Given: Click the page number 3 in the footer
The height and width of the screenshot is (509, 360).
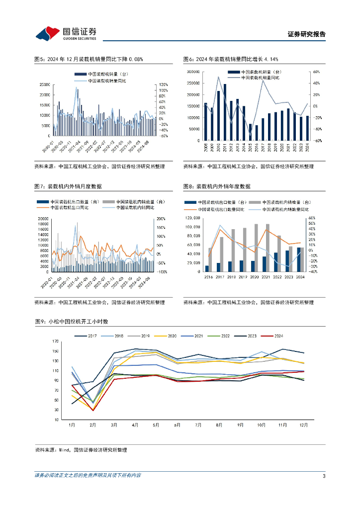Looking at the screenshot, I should point(324,476).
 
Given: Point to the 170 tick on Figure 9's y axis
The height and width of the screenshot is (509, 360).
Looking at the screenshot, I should point(55,341).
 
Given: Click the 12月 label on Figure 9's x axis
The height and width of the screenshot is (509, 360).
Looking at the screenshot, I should point(304,425).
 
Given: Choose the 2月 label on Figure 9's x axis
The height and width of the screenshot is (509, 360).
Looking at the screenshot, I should point(92,425).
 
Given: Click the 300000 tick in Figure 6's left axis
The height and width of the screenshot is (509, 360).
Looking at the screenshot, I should point(193,72).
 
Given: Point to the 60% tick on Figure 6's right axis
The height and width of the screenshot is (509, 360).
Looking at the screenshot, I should point(315,72).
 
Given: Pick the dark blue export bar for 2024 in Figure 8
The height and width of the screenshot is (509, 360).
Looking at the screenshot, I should point(299,259).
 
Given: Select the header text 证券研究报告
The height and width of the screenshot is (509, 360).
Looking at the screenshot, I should point(307,34).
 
